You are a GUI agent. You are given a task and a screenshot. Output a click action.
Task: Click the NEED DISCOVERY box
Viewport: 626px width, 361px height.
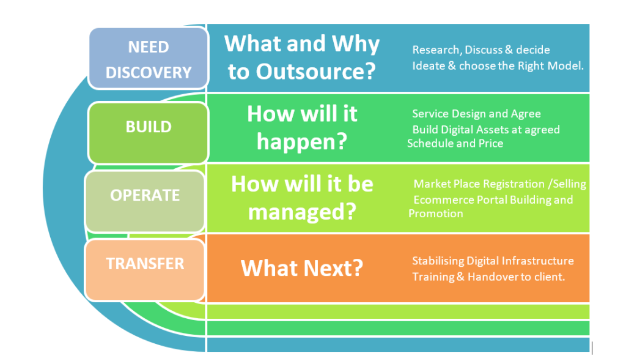click(149, 58)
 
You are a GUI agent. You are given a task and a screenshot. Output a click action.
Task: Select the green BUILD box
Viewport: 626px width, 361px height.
click(149, 132)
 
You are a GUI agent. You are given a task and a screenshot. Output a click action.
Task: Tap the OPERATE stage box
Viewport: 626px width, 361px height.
click(145, 201)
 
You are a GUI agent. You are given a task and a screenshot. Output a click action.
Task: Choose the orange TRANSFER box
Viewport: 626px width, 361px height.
click(145, 270)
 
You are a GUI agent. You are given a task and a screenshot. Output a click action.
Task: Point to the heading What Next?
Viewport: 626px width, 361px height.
click(302, 268)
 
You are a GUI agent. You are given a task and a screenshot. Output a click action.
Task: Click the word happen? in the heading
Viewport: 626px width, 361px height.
click(302, 141)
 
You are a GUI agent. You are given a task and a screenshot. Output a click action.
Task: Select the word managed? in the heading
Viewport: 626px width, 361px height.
click(302, 212)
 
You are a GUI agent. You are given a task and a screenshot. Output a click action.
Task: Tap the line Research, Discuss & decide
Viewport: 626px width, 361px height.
click(481, 50)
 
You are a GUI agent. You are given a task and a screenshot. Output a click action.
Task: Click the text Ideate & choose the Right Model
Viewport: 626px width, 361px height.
click(498, 65)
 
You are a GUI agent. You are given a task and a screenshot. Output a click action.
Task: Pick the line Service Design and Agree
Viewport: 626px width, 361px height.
click(476, 114)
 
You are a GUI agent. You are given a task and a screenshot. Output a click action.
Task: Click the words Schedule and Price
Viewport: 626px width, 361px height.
click(455, 143)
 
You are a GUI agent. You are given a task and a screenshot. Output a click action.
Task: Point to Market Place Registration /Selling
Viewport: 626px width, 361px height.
click(500, 184)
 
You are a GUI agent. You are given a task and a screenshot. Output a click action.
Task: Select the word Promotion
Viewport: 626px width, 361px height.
click(435, 214)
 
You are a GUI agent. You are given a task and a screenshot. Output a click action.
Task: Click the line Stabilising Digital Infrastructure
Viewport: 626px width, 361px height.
click(493, 261)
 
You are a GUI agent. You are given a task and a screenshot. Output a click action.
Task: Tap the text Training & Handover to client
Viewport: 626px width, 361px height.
click(488, 277)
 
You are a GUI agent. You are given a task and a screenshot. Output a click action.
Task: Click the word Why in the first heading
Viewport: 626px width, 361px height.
click(356, 44)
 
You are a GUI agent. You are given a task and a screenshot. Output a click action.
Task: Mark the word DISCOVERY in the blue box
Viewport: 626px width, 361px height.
click(149, 72)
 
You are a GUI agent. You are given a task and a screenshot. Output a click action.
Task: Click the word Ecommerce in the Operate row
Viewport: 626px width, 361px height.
click(440, 199)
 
